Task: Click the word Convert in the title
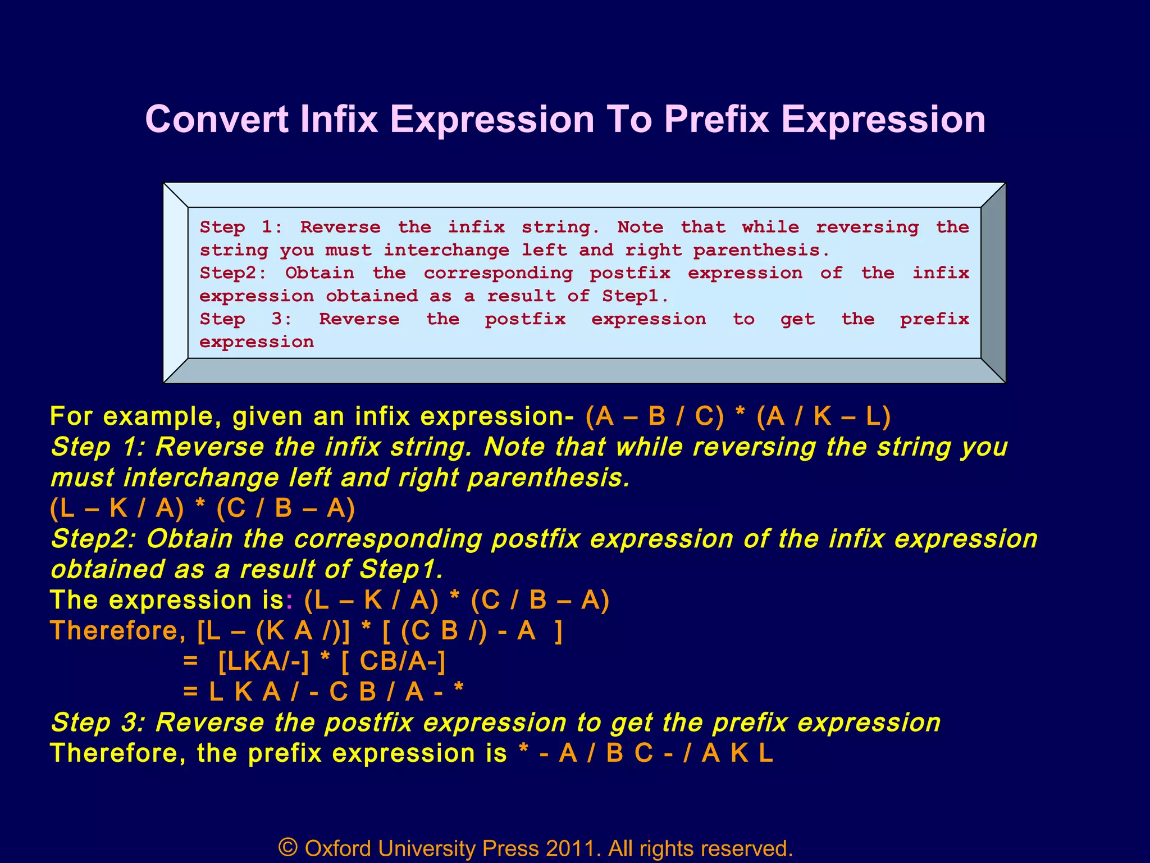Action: [217, 120]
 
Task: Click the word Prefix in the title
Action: [716, 120]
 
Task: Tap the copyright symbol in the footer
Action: [287, 847]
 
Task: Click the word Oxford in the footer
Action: [337, 848]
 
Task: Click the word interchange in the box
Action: [446, 250]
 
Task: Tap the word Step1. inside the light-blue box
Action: [635, 296]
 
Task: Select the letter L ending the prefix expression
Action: [766, 753]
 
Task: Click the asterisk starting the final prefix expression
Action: [523, 753]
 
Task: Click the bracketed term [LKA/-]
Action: [263, 661]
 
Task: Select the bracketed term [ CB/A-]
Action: [393, 661]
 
